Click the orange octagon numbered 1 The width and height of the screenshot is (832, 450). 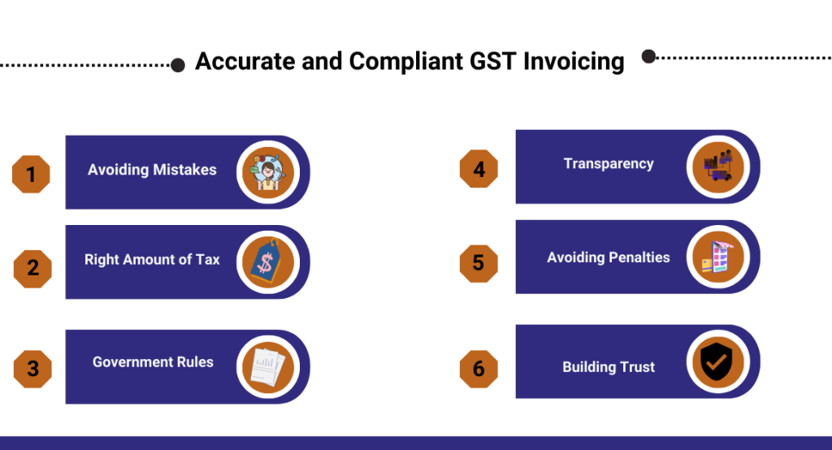[x=31, y=174]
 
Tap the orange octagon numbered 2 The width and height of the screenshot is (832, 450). [x=32, y=269]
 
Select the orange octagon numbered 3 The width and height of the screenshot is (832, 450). [x=32, y=369]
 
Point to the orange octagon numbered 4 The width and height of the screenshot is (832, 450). [x=479, y=169]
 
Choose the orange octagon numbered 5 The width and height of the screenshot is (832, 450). [x=479, y=263]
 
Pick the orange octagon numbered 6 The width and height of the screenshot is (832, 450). [x=479, y=369]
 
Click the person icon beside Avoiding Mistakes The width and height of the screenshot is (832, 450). [x=268, y=172]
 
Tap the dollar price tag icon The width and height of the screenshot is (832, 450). [x=266, y=261]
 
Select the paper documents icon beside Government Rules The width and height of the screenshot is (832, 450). [x=267, y=366]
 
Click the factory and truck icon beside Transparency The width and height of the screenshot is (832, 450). [x=718, y=166]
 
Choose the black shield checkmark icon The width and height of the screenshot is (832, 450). [x=717, y=361]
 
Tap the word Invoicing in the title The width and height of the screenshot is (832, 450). [x=574, y=62]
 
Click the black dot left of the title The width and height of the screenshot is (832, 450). [x=178, y=65]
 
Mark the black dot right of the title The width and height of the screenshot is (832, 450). [x=648, y=56]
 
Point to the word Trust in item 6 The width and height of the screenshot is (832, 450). [x=637, y=366]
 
